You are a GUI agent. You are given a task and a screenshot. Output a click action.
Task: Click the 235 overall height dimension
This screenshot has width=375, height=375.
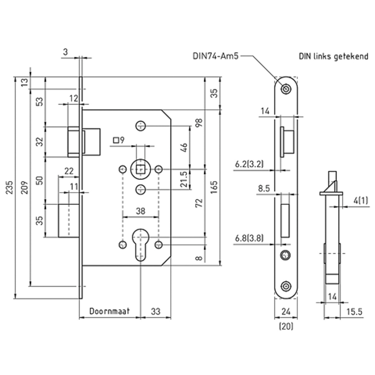(x=10, y=187)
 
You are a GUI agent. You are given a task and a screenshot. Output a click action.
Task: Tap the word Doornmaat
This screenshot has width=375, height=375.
(x=109, y=311)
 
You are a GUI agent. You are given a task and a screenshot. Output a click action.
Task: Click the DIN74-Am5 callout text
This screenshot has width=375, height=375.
(x=216, y=56)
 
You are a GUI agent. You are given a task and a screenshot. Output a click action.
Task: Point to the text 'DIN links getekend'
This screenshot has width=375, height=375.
(x=334, y=57)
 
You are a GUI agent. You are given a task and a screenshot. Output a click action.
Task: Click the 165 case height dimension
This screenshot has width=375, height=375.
(x=214, y=187)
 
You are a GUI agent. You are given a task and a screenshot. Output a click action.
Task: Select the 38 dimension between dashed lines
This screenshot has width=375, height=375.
(x=141, y=211)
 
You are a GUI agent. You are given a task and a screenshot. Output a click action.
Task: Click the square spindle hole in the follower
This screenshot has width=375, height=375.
(x=140, y=169)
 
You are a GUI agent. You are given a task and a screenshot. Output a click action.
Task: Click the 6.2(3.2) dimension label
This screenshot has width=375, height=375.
(x=249, y=164)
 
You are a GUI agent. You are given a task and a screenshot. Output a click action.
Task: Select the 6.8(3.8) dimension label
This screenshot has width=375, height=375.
(x=249, y=238)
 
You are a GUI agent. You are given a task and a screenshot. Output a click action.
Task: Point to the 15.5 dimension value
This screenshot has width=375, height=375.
(x=354, y=312)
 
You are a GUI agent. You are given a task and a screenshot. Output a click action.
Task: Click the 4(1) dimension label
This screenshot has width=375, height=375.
(x=361, y=200)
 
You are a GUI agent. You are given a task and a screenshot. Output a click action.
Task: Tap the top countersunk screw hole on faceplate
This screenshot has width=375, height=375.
(x=286, y=89)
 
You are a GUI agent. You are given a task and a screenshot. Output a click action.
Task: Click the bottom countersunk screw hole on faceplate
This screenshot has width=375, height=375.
(x=286, y=286)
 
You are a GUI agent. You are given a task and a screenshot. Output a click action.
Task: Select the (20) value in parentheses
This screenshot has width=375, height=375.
(x=286, y=326)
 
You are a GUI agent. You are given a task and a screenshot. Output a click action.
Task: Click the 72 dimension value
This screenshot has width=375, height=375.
(x=199, y=203)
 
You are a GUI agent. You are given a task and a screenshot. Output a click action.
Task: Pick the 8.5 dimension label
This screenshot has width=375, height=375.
(x=264, y=189)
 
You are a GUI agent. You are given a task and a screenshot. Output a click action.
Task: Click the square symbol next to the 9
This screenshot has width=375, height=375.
(x=116, y=140)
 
